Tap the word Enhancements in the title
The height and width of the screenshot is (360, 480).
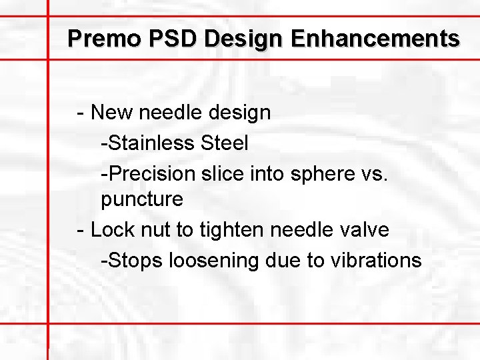click(375, 38)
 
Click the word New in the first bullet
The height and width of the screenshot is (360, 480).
click(112, 112)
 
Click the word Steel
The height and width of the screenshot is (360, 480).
click(225, 143)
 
